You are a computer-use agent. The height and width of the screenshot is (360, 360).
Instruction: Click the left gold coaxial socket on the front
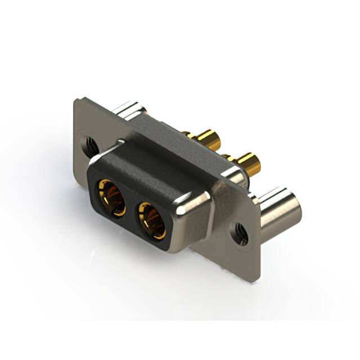pos(111,197)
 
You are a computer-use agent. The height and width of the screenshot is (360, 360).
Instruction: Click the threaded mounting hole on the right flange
pos(241,233)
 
